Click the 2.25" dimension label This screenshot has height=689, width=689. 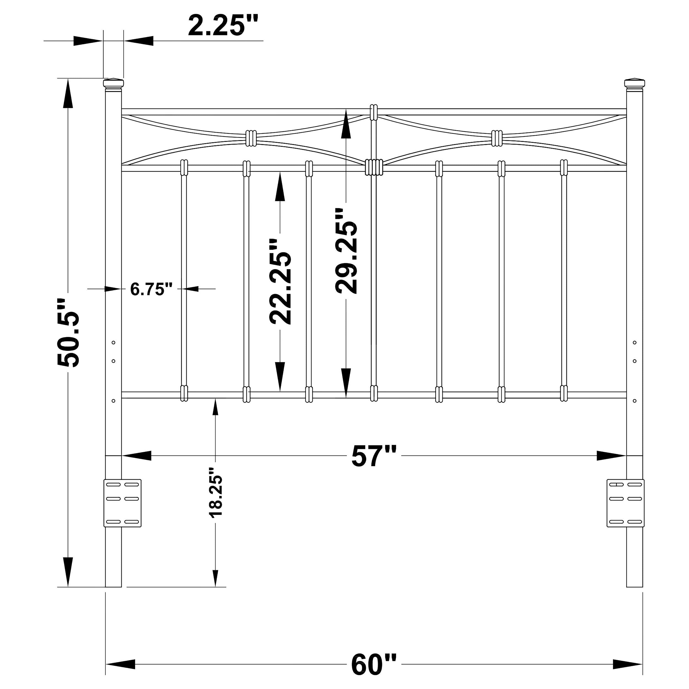coord(223,26)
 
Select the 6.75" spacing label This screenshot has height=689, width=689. coord(151,289)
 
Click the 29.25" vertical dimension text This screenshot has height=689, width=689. coord(346,251)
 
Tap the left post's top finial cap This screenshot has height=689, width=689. coord(113,84)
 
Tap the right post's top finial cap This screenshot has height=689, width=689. coord(634,84)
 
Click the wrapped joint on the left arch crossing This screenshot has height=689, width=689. coord(251,138)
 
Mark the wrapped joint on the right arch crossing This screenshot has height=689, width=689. coord(496,138)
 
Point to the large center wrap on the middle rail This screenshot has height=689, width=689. coord(374,167)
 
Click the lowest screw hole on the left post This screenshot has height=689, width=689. coord(113,401)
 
